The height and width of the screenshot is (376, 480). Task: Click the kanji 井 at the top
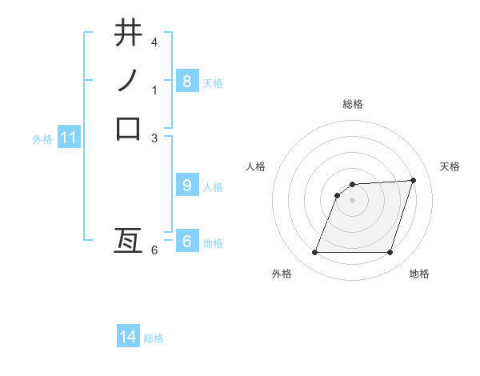(128, 34)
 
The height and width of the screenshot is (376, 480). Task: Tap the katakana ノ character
(128, 81)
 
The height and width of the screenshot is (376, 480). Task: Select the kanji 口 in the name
(128, 128)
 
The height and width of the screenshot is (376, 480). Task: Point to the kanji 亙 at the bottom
(128, 242)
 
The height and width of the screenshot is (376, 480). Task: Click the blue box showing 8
(186, 81)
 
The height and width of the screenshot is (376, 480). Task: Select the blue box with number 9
(186, 186)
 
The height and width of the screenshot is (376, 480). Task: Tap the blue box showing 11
(68, 138)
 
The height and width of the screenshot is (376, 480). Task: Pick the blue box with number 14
(128, 337)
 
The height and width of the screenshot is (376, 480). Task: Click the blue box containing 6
(186, 242)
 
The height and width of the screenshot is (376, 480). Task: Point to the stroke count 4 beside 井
(154, 42)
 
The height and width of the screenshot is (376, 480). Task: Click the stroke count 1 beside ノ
(154, 90)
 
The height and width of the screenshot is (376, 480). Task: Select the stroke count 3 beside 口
(154, 138)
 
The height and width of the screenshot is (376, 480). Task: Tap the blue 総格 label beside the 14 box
(154, 338)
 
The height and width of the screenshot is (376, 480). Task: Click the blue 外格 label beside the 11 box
(42, 139)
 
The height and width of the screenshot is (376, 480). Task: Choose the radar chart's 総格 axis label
(353, 104)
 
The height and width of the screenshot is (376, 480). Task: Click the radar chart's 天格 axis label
(450, 166)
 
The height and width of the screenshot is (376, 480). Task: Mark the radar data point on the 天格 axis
(414, 181)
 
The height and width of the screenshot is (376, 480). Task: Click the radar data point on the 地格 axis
(390, 253)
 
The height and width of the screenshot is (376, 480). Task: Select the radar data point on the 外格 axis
(314, 253)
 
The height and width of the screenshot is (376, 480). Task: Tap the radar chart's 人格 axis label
(256, 166)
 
